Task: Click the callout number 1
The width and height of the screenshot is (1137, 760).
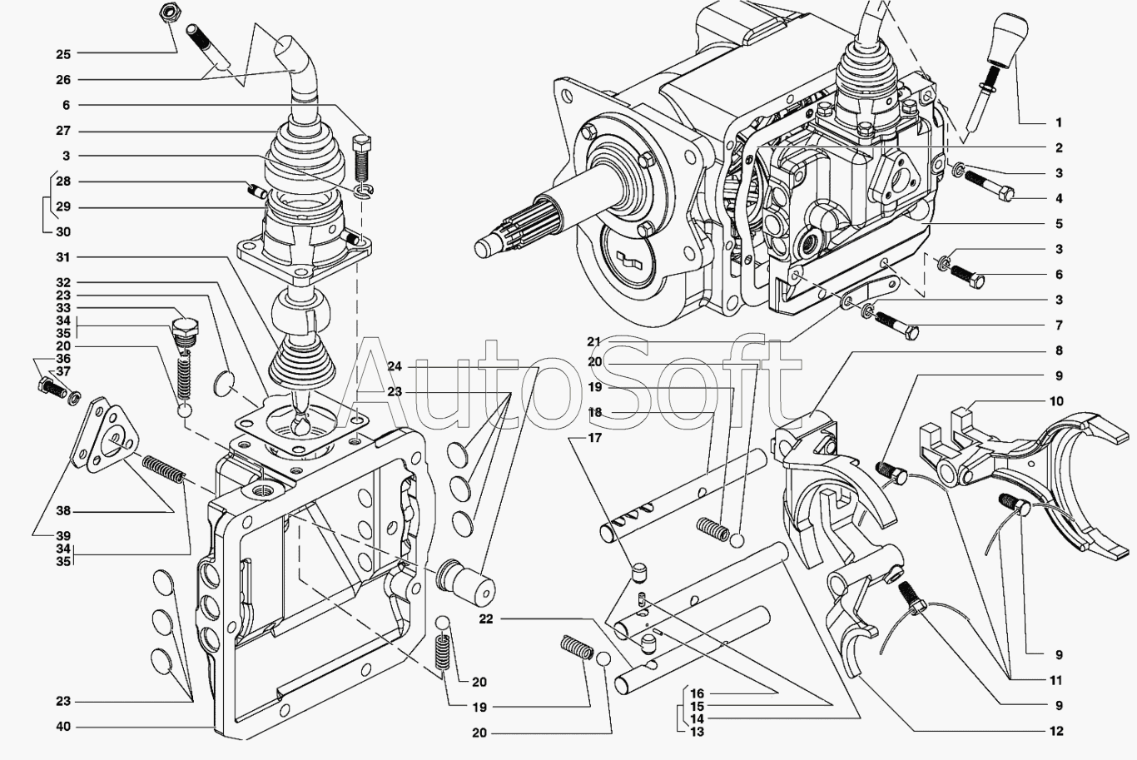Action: pos(1058,122)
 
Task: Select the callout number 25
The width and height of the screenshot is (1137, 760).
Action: pos(63,54)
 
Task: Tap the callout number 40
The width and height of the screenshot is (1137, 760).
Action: pos(63,727)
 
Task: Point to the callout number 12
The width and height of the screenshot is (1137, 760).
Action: pos(1056,732)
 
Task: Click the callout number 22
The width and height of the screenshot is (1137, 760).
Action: pos(486,618)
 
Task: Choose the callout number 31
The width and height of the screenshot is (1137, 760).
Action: pos(63,257)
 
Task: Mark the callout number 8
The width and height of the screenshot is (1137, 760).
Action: pos(1058,350)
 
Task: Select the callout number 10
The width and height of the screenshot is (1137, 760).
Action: pos(1056,401)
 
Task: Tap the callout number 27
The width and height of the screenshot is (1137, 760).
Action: pos(63,131)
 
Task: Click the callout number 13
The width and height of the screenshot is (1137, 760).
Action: pos(697,732)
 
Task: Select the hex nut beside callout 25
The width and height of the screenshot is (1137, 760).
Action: pos(166,12)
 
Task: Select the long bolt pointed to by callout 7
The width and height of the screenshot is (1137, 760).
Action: pos(894,324)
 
